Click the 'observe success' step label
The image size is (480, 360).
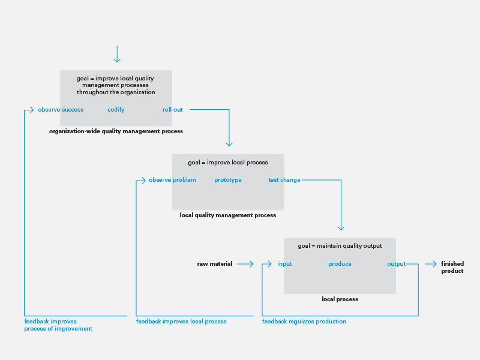tap(61, 110)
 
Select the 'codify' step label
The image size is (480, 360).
tap(116, 110)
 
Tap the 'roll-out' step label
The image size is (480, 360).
tap(173, 110)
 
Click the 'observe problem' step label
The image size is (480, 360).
tap(172, 180)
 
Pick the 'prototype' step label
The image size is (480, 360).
tap(228, 180)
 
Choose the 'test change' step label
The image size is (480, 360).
tap(284, 180)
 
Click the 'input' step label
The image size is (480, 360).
tap(284, 264)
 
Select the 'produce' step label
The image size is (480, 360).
tap(340, 264)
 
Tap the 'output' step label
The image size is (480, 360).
tap(397, 264)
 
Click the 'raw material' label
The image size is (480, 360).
tap(215, 264)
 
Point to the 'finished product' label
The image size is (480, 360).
tap(452, 267)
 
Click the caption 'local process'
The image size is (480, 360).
tap(340, 299)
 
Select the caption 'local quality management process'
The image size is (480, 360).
tap(228, 215)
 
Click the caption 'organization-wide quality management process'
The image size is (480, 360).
tap(116, 131)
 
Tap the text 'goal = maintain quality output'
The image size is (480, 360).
tap(340, 246)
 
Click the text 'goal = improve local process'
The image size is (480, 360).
tap(228, 163)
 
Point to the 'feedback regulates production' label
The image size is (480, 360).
tap(304, 322)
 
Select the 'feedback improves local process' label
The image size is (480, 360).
tap(181, 322)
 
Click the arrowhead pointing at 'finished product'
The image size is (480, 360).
tap(434, 264)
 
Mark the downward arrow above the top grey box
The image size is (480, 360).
tap(117, 54)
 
